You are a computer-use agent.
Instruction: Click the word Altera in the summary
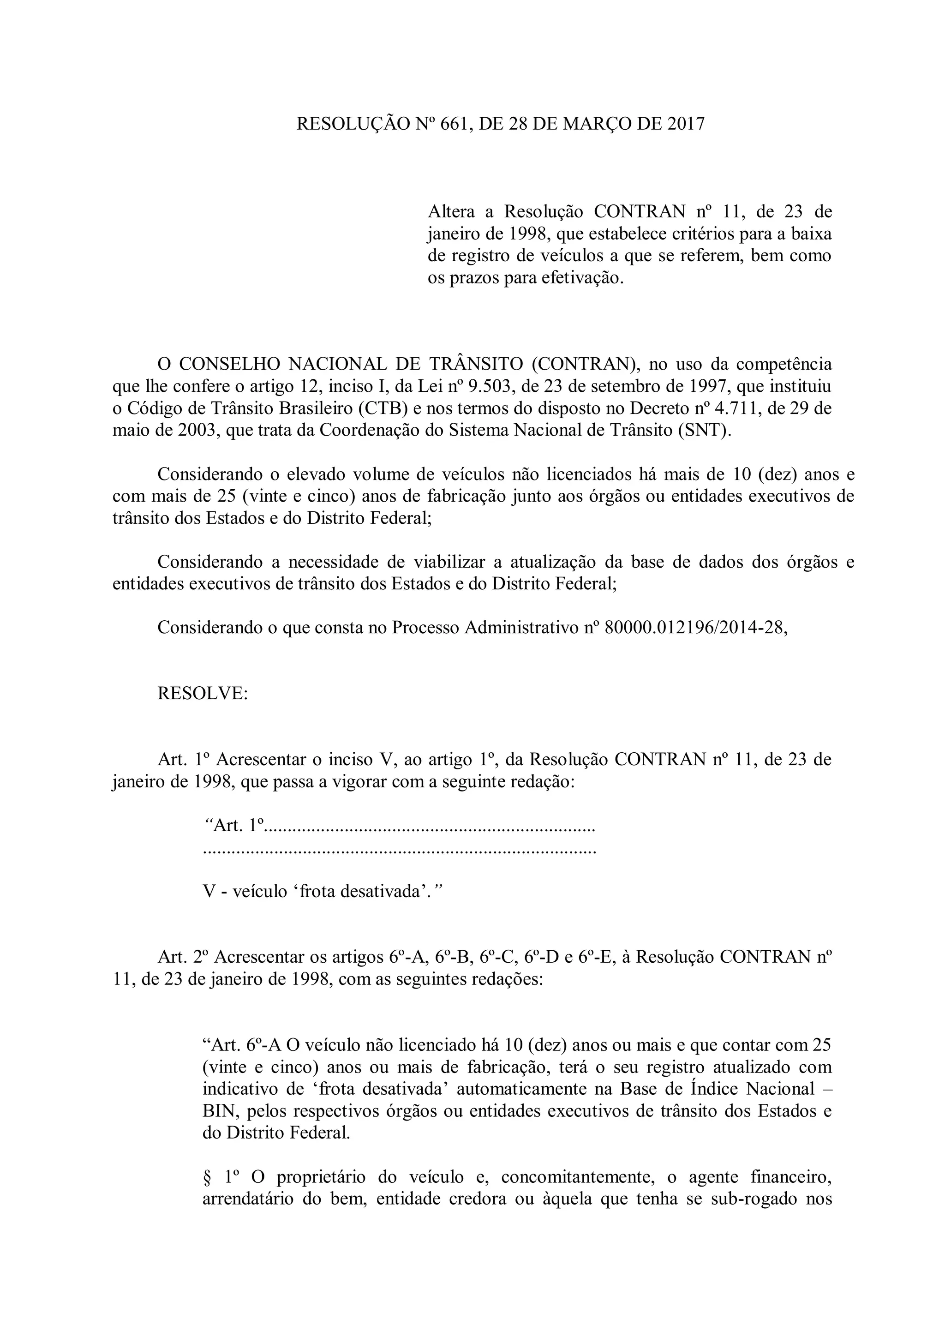(452, 211)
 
